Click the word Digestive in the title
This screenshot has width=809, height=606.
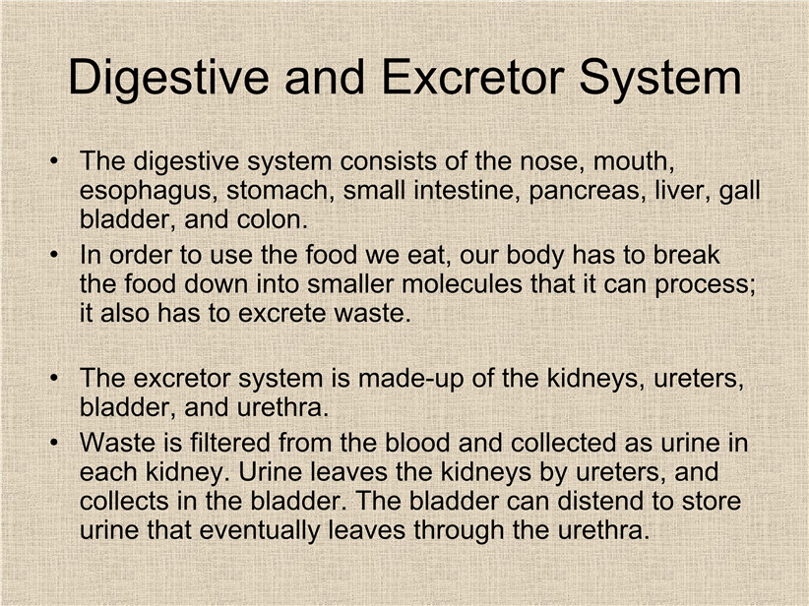(x=168, y=79)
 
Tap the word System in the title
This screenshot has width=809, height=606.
(x=660, y=79)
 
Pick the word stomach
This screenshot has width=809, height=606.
(x=280, y=191)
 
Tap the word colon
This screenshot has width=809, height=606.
(x=273, y=219)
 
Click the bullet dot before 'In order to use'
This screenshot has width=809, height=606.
(x=54, y=256)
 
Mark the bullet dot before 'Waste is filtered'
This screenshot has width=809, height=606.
(x=54, y=444)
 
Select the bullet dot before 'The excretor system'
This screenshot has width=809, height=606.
(x=54, y=379)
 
